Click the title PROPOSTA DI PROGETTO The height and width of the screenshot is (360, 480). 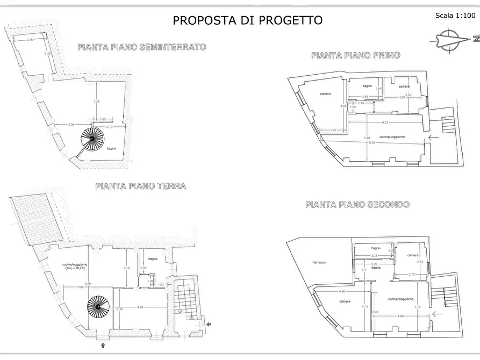247,20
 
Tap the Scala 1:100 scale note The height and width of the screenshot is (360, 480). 454,16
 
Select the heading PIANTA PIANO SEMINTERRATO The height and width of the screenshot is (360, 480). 141,47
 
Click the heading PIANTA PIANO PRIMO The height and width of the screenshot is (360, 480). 355,55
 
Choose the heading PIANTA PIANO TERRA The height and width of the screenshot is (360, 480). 140,186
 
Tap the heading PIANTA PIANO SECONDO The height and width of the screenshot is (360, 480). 357,205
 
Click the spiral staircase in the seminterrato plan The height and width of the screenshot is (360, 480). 92,140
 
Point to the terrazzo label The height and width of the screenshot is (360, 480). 320,262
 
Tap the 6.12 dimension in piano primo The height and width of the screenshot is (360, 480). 385,123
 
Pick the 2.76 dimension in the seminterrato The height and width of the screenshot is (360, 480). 30,40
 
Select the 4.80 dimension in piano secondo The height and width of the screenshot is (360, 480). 400,316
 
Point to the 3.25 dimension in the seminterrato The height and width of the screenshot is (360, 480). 96,102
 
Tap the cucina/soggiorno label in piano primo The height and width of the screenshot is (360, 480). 392,137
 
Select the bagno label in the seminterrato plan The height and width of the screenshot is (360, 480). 111,148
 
